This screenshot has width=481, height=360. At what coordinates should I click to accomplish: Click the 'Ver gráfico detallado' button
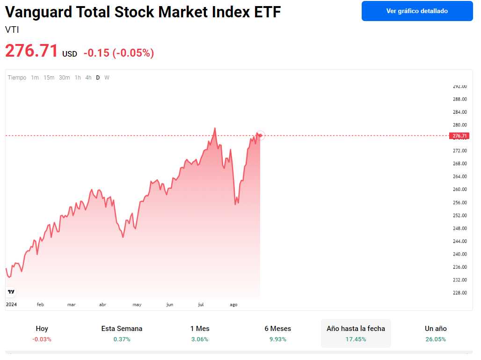pos(417,11)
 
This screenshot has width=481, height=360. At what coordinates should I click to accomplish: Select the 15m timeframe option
pos(49,78)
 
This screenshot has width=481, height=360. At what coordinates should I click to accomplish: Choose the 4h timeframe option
pos(88,78)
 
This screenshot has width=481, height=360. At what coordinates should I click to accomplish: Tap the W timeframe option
pos(107,78)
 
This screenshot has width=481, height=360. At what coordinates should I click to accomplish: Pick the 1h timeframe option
pos(78,78)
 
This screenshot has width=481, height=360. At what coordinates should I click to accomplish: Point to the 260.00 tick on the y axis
pos(460,190)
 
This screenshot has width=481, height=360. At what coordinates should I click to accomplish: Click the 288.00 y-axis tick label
pos(460,99)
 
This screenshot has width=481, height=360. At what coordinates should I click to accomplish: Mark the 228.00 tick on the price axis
pos(460,293)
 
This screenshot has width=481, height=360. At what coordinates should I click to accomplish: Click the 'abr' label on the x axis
pos(102,305)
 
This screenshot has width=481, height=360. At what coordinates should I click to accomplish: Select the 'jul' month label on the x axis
pos(201,305)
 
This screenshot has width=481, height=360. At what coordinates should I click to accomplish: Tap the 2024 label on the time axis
pos(11,305)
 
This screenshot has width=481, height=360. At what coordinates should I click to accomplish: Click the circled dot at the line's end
pos(261,135)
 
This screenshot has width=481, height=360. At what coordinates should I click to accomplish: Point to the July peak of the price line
pos(215,128)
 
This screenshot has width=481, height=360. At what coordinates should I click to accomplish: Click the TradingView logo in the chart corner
pos(11,292)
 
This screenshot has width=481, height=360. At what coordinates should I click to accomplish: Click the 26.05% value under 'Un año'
pos(436,339)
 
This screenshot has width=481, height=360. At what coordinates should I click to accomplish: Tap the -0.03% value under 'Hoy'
pos(42,339)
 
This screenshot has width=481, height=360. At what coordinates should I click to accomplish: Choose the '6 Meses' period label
pos(277,329)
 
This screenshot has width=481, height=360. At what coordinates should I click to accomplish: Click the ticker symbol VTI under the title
pos(12,30)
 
